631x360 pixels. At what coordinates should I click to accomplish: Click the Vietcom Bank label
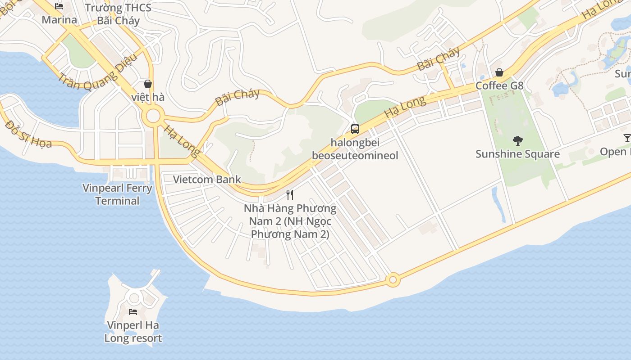click(207, 180)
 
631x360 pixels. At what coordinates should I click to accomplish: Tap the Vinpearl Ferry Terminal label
click(117, 194)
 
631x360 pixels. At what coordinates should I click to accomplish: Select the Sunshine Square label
click(517, 154)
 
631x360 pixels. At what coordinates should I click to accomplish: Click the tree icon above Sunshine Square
click(517, 141)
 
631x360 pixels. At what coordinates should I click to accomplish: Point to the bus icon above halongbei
click(355, 129)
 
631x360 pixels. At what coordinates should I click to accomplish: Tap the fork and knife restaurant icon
click(290, 195)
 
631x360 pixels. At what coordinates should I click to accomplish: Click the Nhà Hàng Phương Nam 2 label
click(290, 221)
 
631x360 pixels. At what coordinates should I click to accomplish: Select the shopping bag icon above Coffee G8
click(499, 72)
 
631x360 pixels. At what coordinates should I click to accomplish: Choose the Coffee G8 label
click(499, 85)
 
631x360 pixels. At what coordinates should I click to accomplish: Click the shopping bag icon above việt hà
click(147, 84)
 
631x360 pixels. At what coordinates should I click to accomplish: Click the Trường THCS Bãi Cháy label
click(118, 14)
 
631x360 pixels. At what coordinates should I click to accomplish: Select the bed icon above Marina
click(59, 6)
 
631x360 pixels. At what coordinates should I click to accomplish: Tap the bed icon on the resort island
click(133, 311)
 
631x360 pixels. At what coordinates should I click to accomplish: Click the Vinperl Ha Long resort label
click(133, 332)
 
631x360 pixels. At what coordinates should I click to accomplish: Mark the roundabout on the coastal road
click(393, 280)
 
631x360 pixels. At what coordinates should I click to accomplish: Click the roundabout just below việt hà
click(153, 116)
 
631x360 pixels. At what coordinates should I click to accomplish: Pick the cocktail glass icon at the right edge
click(627, 138)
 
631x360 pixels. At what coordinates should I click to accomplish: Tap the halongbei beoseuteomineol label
click(355, 149)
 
